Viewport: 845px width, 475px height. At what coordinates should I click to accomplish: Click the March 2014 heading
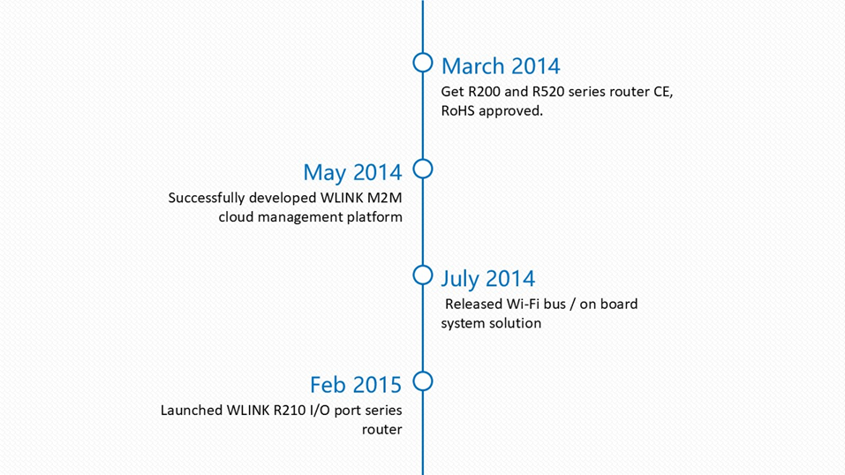click(501, 66)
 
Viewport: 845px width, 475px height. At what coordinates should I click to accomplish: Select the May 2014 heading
click(352, 172)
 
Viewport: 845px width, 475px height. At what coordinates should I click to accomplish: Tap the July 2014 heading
click(488, 279)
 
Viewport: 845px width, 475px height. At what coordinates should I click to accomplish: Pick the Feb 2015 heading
click(356, 385)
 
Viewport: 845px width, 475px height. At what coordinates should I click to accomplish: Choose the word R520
click(548, 92)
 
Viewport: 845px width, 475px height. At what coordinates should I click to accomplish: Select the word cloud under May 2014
click(236, 216)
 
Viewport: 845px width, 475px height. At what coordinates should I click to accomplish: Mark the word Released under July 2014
click(473, 304)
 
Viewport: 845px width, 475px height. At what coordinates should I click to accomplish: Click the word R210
click(290, 411)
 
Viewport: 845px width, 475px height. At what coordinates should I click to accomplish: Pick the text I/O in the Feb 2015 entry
click(321, 411)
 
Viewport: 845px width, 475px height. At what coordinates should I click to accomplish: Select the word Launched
click(192, 411)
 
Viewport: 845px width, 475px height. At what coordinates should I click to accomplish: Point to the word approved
click(511, 111)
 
